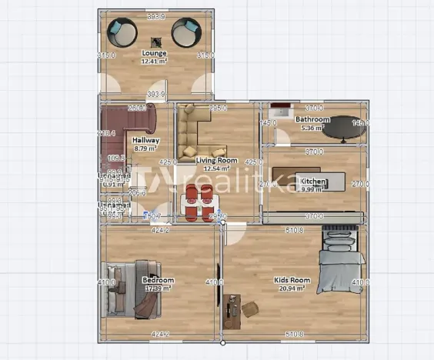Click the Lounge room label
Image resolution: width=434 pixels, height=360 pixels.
tap(155, 53)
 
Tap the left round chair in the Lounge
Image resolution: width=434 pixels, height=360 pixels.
tap(122, 32)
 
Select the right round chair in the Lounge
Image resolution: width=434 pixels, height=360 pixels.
tap(186, 32)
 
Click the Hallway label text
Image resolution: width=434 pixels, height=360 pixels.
tap(146, 141)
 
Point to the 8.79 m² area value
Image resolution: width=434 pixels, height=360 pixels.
tap(146, 148)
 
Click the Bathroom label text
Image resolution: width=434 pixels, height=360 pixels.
tap(313, 120)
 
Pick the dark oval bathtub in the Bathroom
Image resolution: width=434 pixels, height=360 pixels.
tap(343, 132)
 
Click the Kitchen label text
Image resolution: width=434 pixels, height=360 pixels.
tap(314, 182)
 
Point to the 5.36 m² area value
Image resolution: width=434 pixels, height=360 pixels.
tap(313, 128)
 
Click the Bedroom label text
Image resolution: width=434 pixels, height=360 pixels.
tap(158, 280)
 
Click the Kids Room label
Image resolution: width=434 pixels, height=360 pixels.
tap(292, 281)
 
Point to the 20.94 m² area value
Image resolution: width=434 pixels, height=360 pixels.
tap(292, 288)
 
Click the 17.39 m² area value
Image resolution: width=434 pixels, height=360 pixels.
tap(159, 288)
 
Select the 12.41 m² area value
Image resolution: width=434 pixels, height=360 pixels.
tap(155, 61)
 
